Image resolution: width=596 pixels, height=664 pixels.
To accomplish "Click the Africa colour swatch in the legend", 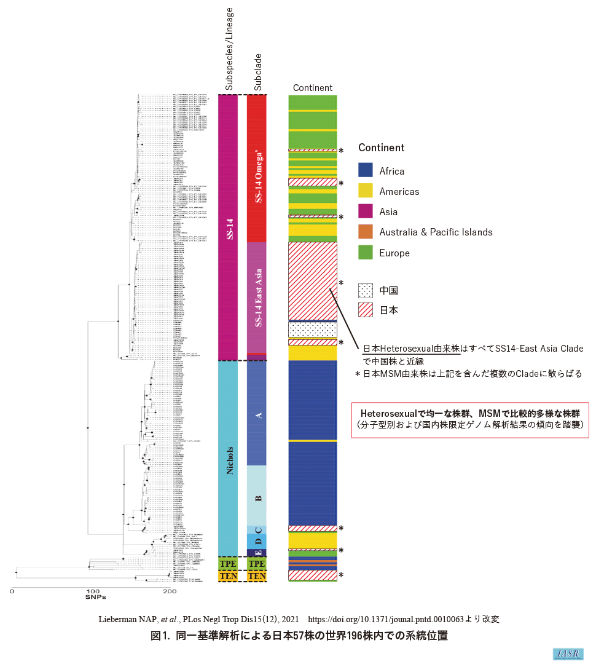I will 366,171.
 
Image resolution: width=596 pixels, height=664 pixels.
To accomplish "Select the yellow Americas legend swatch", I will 366,191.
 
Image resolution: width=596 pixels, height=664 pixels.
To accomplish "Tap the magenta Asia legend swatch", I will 366,211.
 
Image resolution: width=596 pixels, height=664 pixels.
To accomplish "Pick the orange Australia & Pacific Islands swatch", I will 366,232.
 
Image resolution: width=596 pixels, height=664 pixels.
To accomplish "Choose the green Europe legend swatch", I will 366,253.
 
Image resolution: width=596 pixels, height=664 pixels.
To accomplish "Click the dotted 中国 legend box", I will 366,290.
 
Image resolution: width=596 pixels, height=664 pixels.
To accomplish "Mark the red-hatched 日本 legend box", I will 366,310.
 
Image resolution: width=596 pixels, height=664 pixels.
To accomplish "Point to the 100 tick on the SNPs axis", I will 91,591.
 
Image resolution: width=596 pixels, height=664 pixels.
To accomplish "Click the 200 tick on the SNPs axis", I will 170,591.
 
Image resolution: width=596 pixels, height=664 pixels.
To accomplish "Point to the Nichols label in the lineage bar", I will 229,458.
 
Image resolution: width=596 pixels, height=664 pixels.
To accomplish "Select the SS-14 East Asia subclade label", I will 257,298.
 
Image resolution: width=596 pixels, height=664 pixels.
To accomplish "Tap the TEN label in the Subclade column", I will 257,577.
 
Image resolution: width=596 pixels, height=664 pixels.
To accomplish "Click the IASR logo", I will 568,654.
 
